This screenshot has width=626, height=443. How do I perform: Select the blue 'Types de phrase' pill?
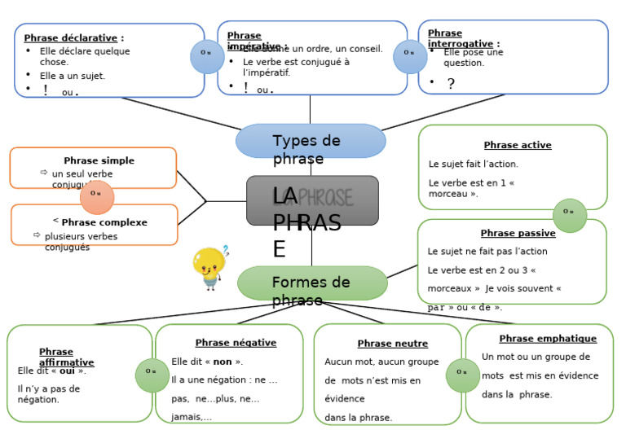(311, 141)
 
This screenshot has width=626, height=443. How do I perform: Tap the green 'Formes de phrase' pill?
(312, 283)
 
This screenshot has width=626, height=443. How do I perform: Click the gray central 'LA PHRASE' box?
(312, 200)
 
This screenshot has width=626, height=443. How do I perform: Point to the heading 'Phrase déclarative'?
(73, 37)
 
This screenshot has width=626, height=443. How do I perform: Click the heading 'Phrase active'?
(518, 145)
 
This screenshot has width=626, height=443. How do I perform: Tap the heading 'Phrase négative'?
(236, 343)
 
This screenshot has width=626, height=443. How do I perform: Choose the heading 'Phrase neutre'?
(392, 344)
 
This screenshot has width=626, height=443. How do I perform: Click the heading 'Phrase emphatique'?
(548, 339)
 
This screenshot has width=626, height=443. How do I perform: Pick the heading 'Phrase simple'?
(99, 160)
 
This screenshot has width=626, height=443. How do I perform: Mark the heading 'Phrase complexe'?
(104, 222)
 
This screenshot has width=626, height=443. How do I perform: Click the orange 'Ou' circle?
(97, 194)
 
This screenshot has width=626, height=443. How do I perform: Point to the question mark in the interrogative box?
(451, 84)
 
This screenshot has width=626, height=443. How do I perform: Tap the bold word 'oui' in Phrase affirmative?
(68, 371)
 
